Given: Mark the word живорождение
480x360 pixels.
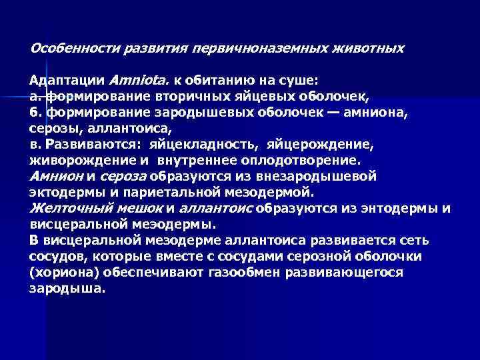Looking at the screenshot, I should tap(71, 161).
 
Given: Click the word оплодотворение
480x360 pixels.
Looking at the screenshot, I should tap(304, 161).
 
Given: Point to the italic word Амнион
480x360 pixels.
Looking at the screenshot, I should tap(56, 177).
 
